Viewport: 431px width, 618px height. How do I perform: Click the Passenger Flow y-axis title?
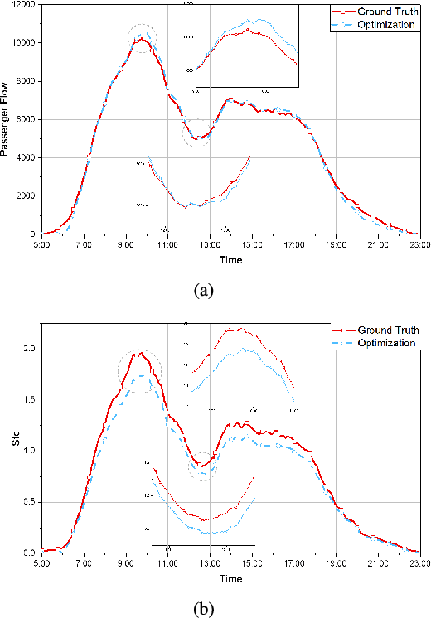[x=7, y=118]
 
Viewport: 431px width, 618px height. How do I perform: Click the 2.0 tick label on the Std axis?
[x=30, y=349]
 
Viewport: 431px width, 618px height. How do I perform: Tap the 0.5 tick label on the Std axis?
[x=30, y=502]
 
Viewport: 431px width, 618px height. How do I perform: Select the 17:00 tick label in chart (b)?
[x=293, y=563]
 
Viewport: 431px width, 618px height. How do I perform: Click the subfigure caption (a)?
[x=203, y=290]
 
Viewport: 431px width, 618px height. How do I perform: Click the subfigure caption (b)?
[x=203, y=608]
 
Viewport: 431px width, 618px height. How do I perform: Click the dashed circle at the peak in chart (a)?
[x=143, y=38]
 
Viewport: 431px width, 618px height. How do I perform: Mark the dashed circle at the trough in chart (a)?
[x=197, y=133]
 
